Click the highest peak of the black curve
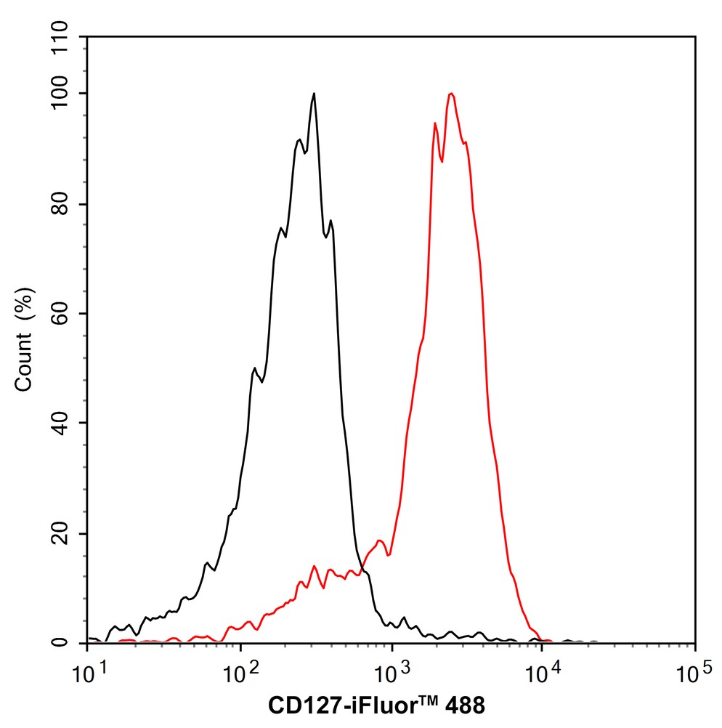click(x=314, y=94)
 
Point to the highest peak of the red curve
click(x=452, y=94)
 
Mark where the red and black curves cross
click(x=361, y=569)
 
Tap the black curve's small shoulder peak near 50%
click(x=254, y=369)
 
